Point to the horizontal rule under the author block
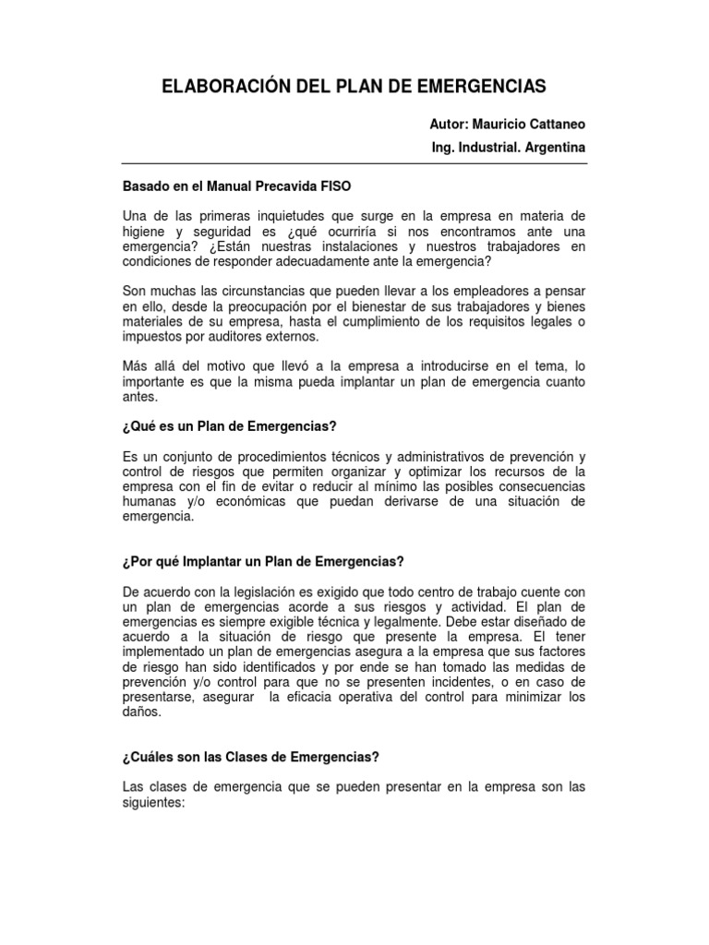coord(354,165)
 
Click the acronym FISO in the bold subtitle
coord(333,185)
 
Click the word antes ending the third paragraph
coord(140,398)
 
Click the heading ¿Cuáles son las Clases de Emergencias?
coord(250,758)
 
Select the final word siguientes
coord(154,803)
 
